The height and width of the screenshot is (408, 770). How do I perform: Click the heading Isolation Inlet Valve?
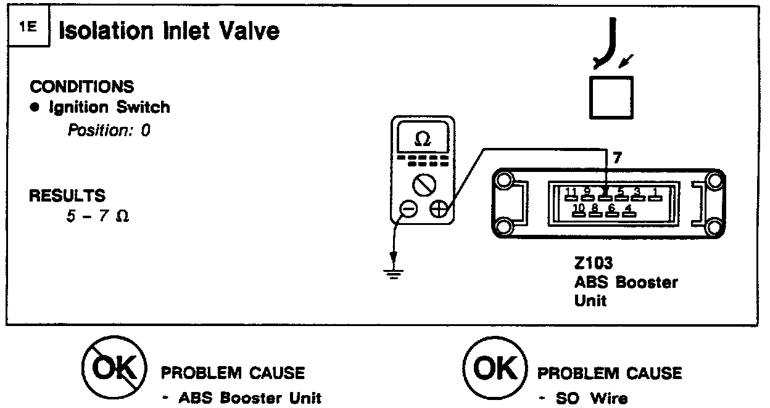tap(169, 31)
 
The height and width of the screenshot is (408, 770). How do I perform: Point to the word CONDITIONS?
tap(82, 86)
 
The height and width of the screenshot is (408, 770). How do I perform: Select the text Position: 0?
tap(109, 131)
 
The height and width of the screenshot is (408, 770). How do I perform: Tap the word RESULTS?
tap(68, 196)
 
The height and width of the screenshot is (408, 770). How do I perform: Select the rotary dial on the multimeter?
tap(424, 184)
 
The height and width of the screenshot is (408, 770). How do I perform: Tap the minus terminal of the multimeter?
tap(408, 210)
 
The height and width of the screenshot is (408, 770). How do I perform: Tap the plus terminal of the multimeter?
tap(439, 210)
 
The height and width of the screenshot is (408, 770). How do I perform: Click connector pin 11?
tap(571, 194)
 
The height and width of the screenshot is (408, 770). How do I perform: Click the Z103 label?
tap(593, 264)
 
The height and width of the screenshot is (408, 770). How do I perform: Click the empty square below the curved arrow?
tap(611, 97)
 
